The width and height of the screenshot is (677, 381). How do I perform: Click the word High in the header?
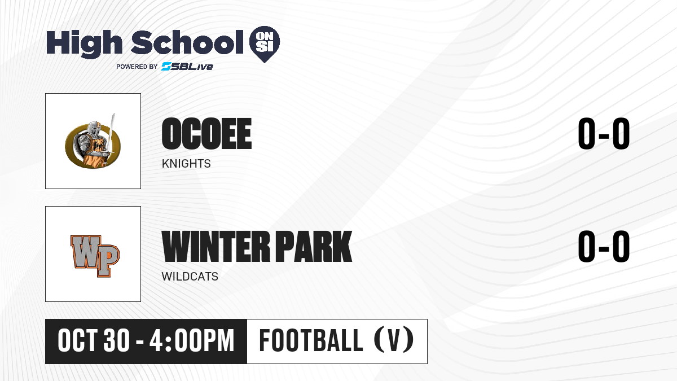[85, 43]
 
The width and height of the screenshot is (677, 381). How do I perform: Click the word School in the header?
[187, 42]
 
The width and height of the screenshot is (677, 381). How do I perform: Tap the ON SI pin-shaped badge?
[265, 44]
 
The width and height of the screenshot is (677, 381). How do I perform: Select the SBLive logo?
[187, 67]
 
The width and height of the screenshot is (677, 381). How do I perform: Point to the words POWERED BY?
[137, 67]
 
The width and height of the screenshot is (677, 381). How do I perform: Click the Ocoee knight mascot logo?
[93, 142]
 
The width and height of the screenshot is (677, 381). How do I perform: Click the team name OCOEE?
[206, 134]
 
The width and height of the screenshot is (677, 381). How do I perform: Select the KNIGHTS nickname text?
[186, 164]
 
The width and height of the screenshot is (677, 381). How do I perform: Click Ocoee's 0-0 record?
[604, 134]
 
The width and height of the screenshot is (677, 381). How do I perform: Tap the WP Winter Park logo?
[95, 256]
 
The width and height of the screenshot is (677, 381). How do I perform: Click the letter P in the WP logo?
[107, 260]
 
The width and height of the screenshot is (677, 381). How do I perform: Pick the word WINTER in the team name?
[216, 247]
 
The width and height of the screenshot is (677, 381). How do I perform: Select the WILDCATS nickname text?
[190, 277]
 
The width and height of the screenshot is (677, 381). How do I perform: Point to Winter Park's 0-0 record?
[604, 247]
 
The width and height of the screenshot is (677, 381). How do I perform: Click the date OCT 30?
[94, 340]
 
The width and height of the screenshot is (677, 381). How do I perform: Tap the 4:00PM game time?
[192, 340]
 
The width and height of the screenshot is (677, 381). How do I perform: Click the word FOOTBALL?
[311, 340]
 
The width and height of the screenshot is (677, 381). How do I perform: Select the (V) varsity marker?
[394, 340]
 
